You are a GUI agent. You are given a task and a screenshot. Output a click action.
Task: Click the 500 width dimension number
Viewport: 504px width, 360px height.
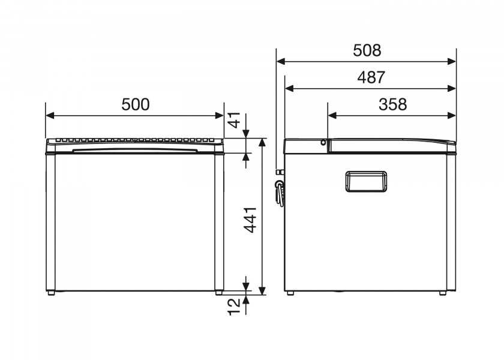(136, 104)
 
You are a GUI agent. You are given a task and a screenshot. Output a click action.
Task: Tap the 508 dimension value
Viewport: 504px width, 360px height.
(367, 50)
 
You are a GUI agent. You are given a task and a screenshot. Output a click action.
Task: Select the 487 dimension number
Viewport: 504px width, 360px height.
(371, 77)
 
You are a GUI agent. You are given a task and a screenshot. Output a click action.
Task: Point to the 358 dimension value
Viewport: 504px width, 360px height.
(392, 104)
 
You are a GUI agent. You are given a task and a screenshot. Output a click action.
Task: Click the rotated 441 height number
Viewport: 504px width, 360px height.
(250, 220)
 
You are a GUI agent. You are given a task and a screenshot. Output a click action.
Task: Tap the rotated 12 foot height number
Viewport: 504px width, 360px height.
(235, 307)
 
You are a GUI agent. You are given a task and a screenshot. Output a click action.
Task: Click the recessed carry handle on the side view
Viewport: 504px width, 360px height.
(366, 182)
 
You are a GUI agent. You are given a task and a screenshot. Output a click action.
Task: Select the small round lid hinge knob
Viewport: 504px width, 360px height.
(323, 142)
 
